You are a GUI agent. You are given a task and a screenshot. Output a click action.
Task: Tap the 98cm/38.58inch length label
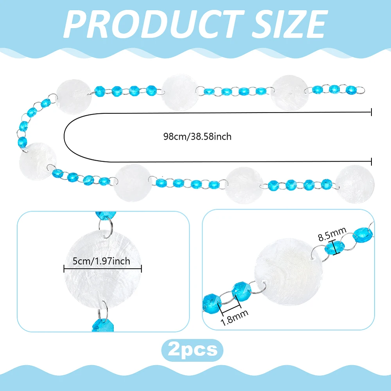pos(197,136)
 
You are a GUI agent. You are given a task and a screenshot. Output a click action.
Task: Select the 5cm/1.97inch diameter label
pos(102,261)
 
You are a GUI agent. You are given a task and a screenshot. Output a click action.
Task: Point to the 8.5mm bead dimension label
pos(332,234)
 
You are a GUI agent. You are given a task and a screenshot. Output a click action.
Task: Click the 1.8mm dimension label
pos(234,317)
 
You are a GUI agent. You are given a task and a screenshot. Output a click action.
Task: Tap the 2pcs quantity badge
pos(192,350)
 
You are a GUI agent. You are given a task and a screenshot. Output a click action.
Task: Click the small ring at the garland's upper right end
pos(361,90)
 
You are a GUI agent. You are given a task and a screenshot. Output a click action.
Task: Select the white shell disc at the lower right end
pos(355,184)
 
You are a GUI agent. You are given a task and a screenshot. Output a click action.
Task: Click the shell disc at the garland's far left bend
pos(38,161)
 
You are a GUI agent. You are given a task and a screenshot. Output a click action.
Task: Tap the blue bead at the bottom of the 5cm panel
pos(103,324)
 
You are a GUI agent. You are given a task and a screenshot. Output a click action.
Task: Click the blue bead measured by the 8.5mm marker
pos(334,248)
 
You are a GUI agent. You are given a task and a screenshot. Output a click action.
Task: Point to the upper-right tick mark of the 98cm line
pos(371,112)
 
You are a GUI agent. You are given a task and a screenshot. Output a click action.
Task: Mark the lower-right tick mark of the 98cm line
pos(371,161)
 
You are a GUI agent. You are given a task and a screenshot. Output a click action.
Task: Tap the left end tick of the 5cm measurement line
pos(64,269)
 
